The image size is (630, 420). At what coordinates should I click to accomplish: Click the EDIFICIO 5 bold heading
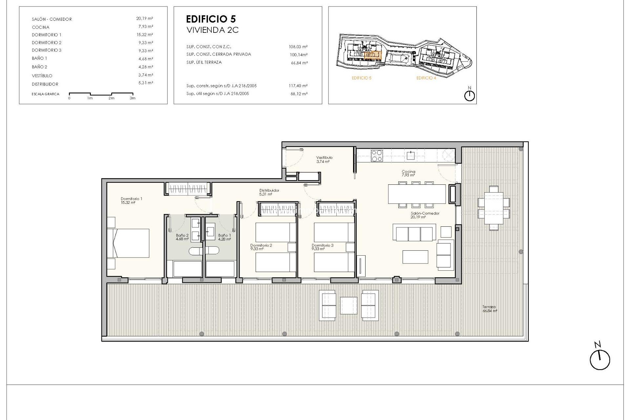pyautogui.click(x=211, y=19)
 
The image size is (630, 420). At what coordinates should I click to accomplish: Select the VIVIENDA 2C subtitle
pyautogui.click(x=212, y=30)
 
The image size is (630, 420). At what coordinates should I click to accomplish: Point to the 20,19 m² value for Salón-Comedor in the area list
pyautogui.click(x=144, y=19)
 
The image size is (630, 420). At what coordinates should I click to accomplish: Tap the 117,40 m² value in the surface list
pyautogui.click(x=298, y=86)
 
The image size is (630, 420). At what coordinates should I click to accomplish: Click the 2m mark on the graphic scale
pyautogui.click(x=112, y=98)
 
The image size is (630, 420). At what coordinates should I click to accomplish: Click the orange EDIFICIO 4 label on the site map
pyautogui.click(x=426, y=78)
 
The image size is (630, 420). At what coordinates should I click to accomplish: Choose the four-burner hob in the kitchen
pyautogui.click(x=376, y=156)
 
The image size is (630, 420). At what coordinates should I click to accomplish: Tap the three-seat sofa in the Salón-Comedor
pyautogui.click(x=414, y=233)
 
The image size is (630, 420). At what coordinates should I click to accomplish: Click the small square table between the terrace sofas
pyautogui.click(x=348, y=305)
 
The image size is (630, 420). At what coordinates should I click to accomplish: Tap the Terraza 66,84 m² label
pyautogui.click(x=490, y=309)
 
